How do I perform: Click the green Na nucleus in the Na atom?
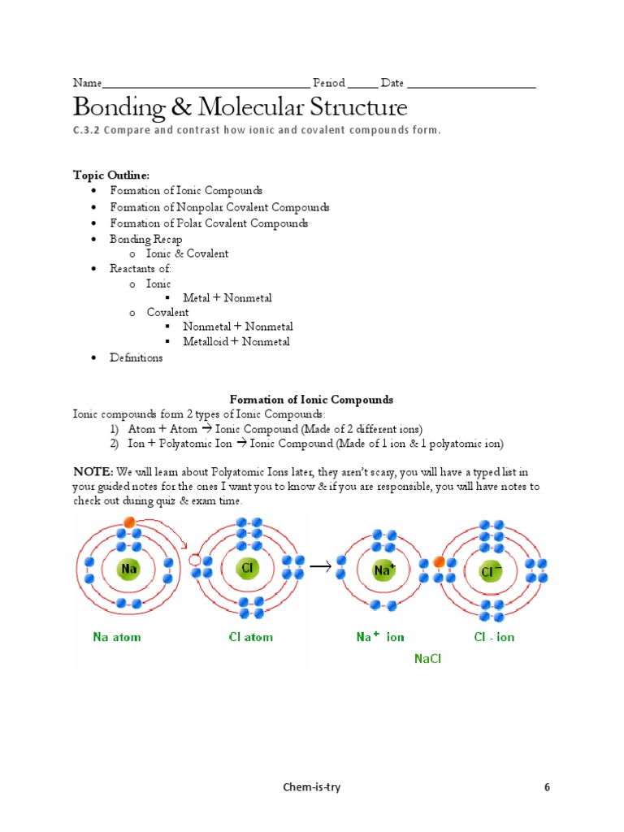(128, 569)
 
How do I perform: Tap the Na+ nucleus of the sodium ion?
(383, 570)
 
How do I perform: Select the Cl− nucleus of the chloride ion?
(491, 571)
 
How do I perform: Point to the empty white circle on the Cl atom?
(195, 561)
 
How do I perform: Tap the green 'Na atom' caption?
(116, 637)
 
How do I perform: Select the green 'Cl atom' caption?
(250, 637)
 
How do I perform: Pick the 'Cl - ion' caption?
(494, 637)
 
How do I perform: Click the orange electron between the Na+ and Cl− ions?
(440, 561)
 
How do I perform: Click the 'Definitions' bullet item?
(136, 357)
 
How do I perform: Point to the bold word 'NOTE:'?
(93, 471)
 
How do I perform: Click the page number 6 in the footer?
(547, 787)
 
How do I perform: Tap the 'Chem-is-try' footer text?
(312, 787)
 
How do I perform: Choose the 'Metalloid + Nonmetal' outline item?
(236, 341)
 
